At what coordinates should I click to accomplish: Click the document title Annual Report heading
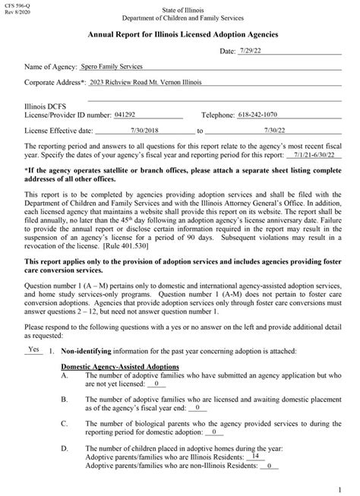pyautogui.click(x=181, y=35)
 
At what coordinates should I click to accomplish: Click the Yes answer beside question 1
pyautogui.click(x=33, y=350)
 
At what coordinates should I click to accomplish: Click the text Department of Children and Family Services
pyautogui.click(x=179, y=15)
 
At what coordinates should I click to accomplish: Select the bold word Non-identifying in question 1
pyautogui.click(x=88, y=352)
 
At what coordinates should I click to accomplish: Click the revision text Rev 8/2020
pyautogui.click(x=15, y=13)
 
